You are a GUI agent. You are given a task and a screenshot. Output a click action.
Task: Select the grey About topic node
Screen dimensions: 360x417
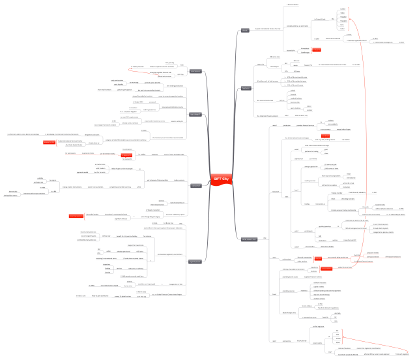pos(245,31)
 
